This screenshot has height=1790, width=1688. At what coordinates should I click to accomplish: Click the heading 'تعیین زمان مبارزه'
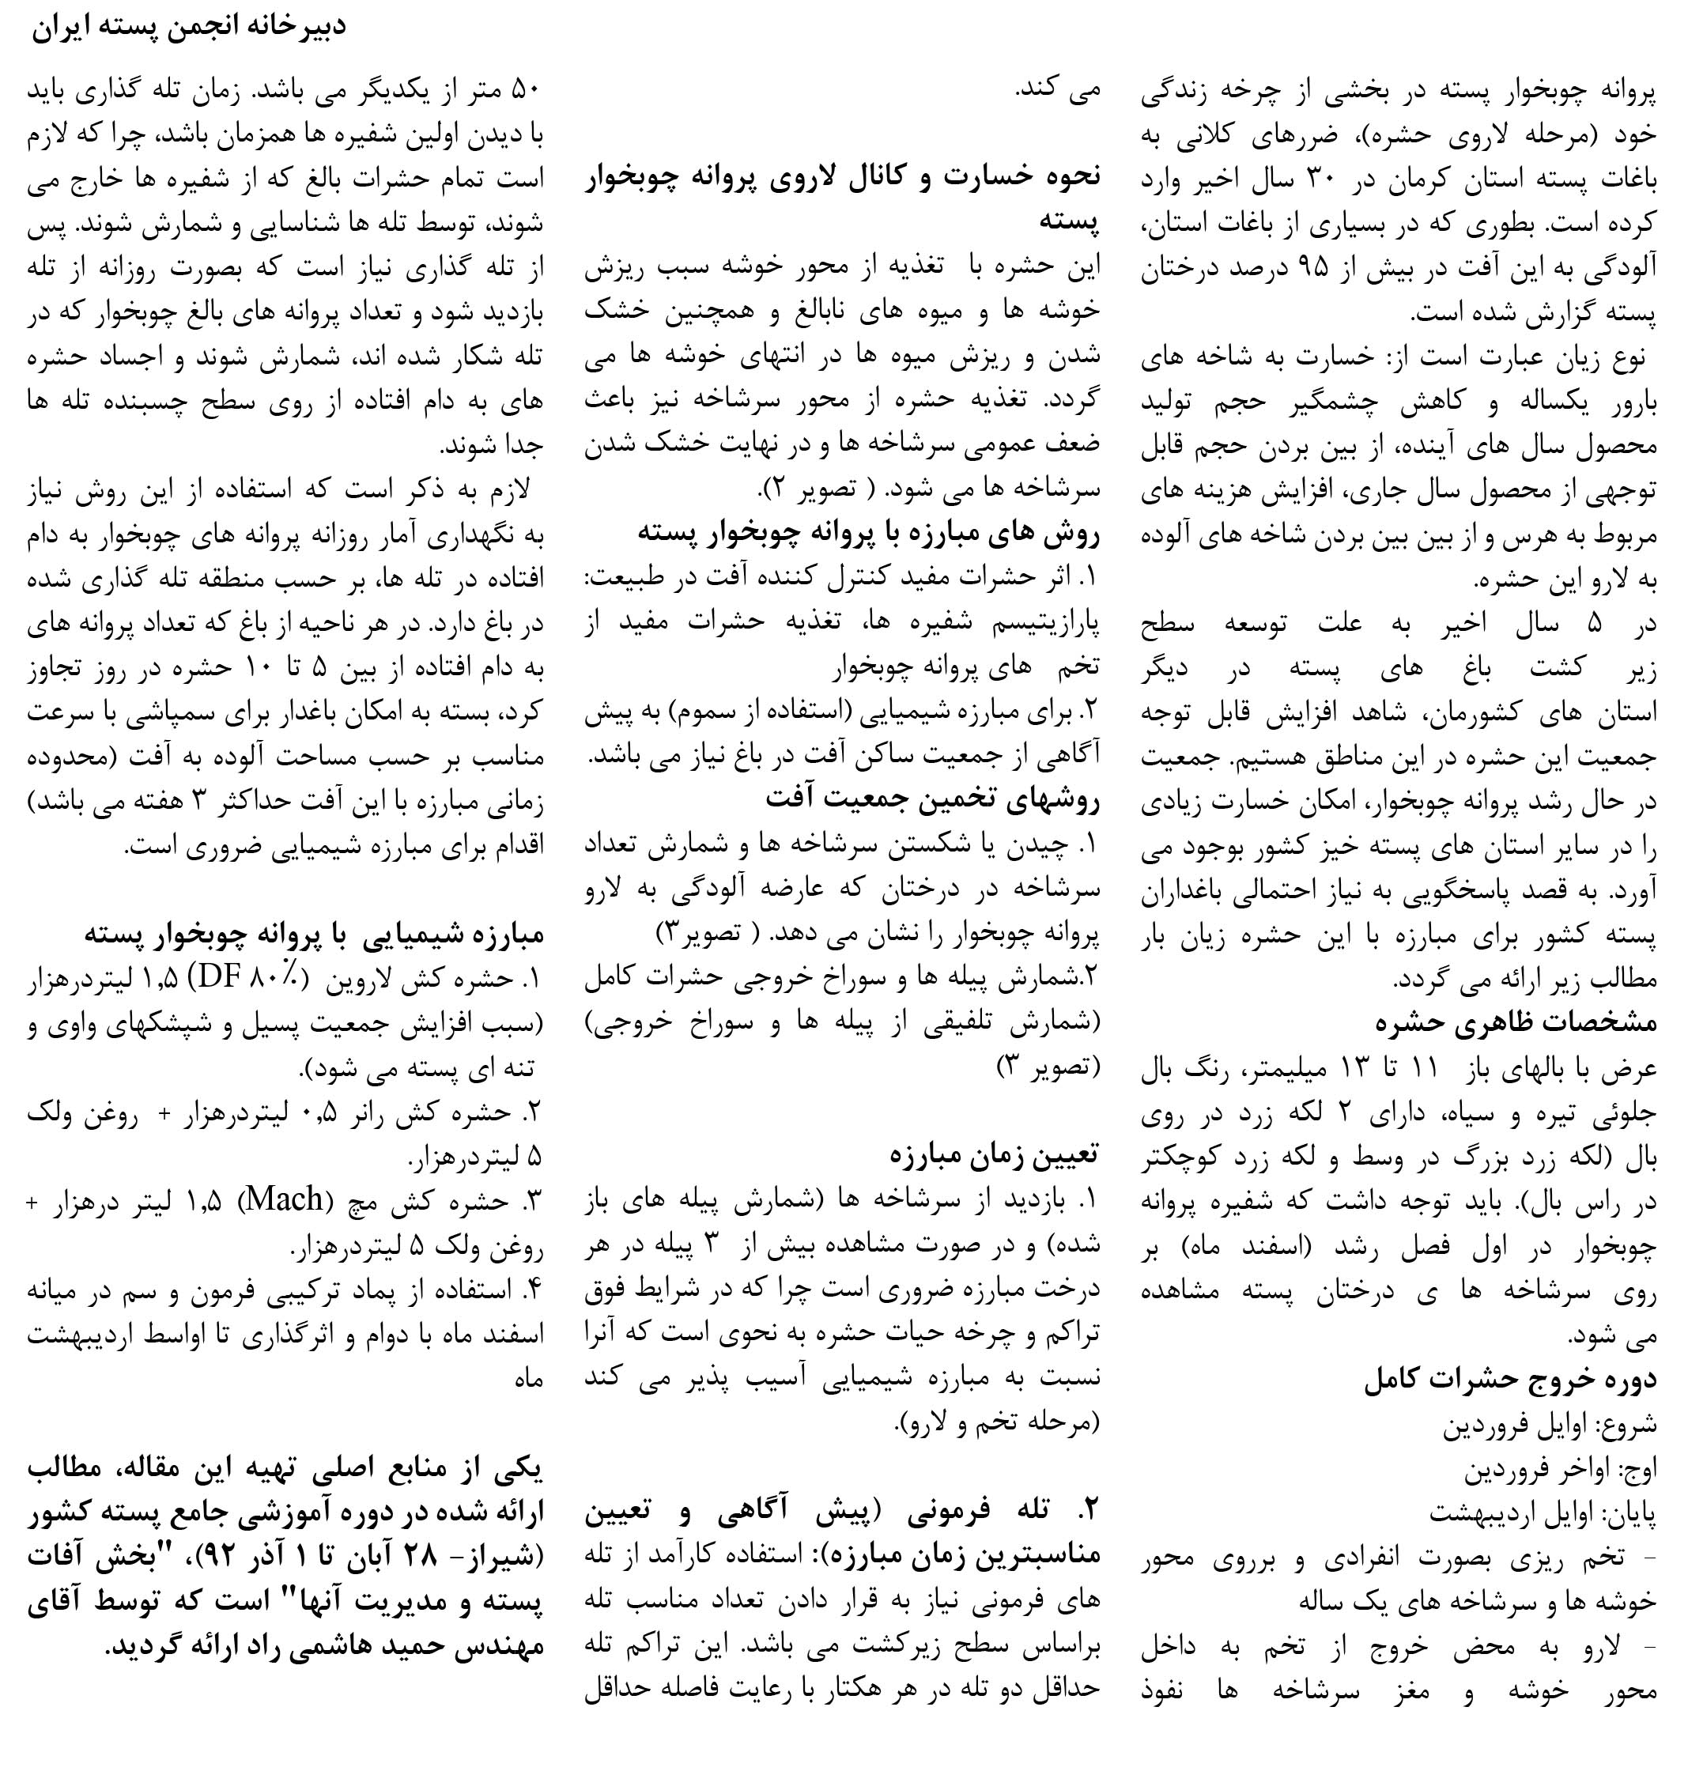click(994, 1155)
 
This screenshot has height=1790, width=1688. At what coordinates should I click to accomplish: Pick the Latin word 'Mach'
click(285, 1199)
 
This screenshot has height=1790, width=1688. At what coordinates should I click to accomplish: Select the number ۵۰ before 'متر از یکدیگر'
click(524, 92)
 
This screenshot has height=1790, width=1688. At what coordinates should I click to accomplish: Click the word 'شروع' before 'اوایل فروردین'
click(1631, 1426)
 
